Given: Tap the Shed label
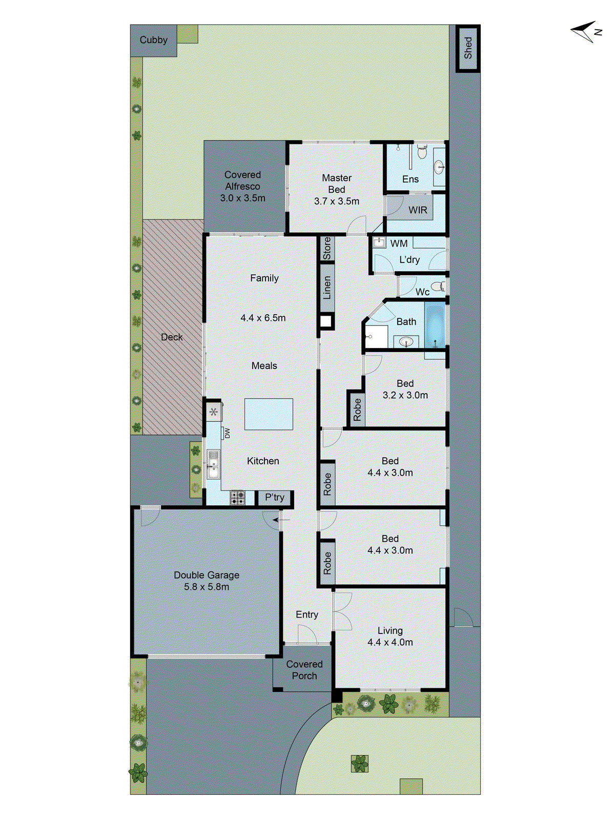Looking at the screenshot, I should point(468,48).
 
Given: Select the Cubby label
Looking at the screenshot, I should point(153,40).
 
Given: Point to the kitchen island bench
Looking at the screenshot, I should point(269,414).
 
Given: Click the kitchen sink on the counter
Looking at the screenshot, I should point(213,464).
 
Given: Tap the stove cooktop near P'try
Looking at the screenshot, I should point(237,498).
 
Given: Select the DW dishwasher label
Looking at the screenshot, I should point(227,433).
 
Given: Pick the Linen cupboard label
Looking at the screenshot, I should point(327,288).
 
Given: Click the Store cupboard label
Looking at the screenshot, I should point(327,249).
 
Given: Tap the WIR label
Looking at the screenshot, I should point(418,210).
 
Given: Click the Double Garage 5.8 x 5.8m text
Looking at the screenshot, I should point(207,581).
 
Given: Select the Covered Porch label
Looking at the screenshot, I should point(304,670).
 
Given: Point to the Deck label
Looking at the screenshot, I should point(172,337).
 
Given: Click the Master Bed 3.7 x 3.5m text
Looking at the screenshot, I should point(337,190).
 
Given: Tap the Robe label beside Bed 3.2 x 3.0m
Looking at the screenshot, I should point(357,409).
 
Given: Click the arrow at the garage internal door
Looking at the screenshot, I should point(280,520).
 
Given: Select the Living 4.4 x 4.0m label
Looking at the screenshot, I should point(390,636).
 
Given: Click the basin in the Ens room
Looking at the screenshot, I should point(439,167).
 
